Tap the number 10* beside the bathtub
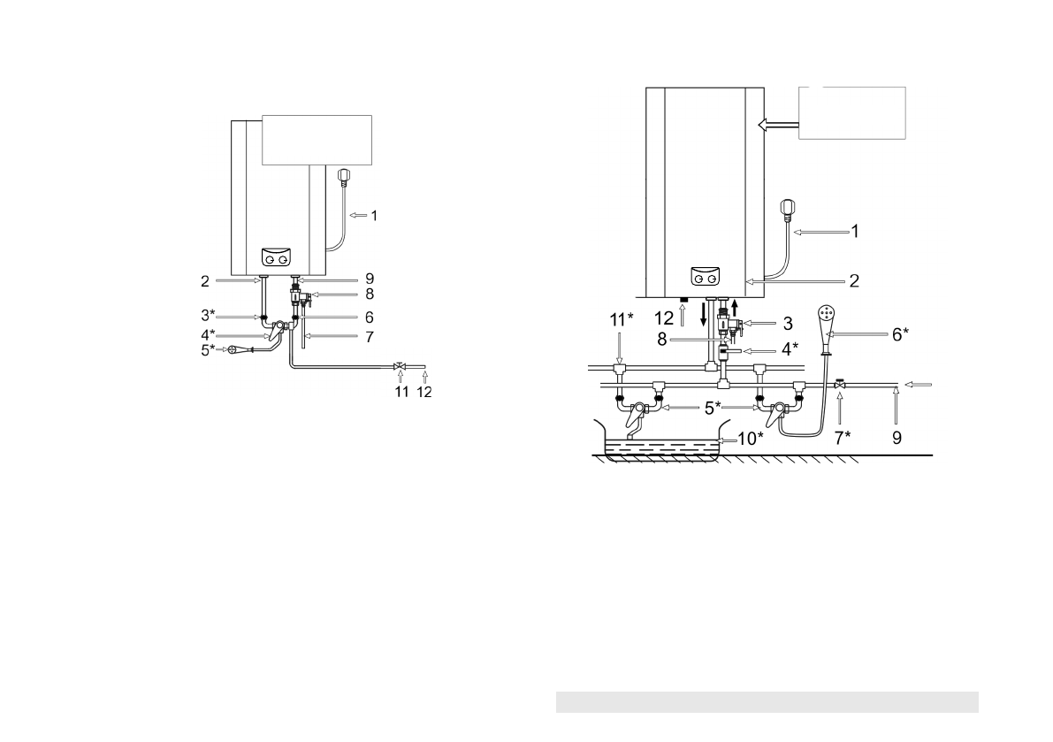point(751,439)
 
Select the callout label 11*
point(622,319)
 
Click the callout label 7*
point(842,438)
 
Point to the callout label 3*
point(208,315)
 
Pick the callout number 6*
point(901,334)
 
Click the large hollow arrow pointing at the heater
point(778,125)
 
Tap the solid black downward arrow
point(704,314)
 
